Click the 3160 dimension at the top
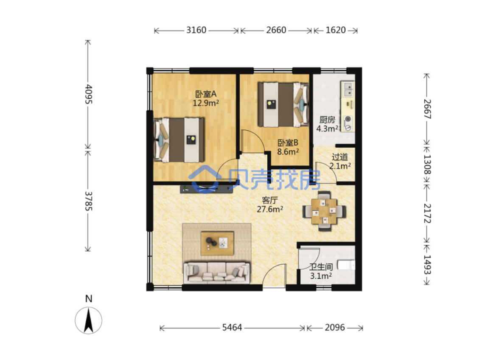pos(196,30)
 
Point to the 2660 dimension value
pos(276,30)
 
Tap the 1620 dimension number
pos(336,30)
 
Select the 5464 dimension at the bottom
pos(232,327)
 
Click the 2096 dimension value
pos(335,327)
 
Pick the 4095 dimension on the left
pos(88,94)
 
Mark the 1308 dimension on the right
pos(427,164)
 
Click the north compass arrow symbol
pos(88,320)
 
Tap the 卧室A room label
pos(206,94)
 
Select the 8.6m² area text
pos(288,152)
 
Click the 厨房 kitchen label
pos(327,120)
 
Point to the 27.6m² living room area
pos(270,209)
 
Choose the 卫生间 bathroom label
pos(321,267)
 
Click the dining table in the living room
pos(324,211)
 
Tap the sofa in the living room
pos(217,271)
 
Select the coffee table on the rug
pos(217,243)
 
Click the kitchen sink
pos(348,89)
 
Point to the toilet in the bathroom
pos(346,265)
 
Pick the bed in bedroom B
pos(283,105)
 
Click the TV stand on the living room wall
pos(207,189)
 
